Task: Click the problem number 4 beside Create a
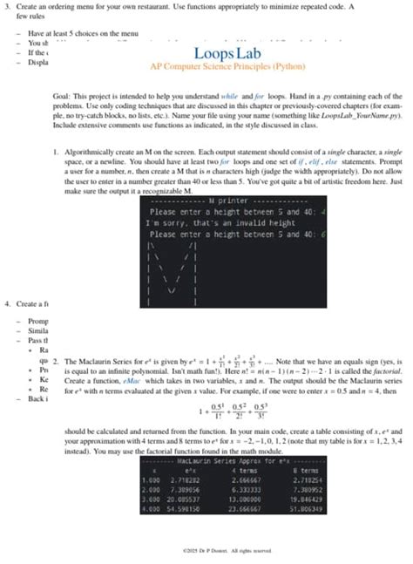[x=7, y=304]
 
